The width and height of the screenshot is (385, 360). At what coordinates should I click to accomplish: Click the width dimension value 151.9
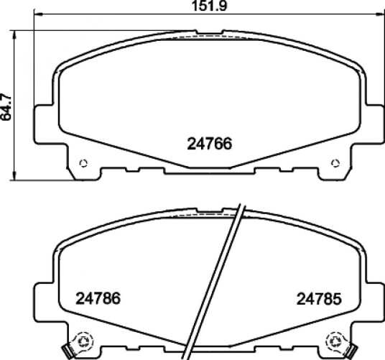click(x=209, y=6)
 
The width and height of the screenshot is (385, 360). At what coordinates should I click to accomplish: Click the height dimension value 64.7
click(x=6, y=107)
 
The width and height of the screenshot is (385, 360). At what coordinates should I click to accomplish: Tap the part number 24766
click(x=210, y=144)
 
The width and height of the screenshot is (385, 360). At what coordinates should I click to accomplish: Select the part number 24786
click(x=98, y=298)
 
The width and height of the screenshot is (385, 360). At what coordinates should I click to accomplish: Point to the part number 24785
click(x=319, y=299)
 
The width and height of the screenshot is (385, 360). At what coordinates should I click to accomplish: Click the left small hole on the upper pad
click(x=83, y=163)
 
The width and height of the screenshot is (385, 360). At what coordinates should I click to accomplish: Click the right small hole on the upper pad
click(x=335, y=163)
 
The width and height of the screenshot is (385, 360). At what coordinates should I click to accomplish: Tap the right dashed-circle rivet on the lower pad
click(x=335, y=341)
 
